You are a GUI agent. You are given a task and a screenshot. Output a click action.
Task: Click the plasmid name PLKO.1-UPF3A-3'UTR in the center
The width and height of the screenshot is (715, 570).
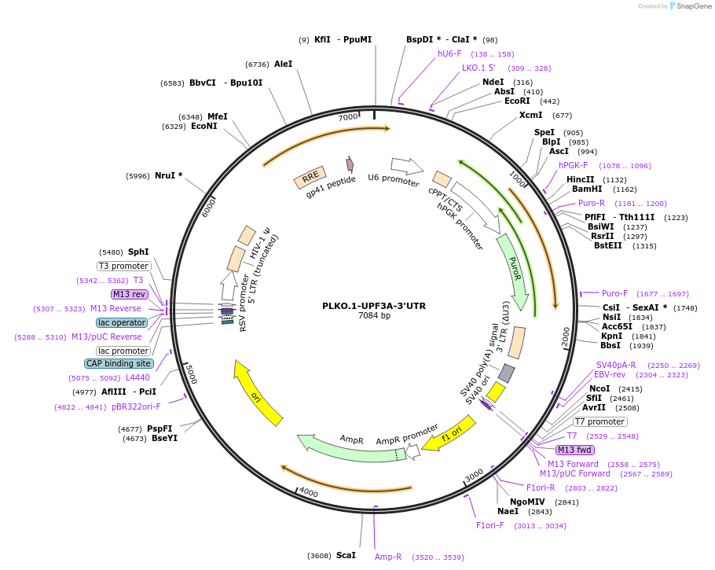pyautogui.click(x=374, y=306)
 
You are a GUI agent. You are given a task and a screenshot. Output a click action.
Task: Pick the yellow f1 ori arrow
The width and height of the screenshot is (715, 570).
pyautogui.click(x=450, y=434)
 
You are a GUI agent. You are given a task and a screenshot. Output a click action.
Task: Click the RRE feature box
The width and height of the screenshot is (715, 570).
pyautogui.click(x=310, y=178)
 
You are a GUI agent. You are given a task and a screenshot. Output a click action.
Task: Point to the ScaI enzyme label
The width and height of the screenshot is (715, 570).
pyautogui.click(x=346, y=555)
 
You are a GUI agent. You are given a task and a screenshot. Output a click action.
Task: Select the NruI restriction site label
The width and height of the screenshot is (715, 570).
pyautogui.click(x=168, y=175)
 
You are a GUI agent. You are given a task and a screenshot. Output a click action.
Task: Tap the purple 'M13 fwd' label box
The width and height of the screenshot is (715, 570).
pyautogui.click(x=575, y=450)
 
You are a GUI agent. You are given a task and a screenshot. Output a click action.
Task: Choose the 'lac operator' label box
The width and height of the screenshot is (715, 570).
pyautogui.click(x=122, y=322)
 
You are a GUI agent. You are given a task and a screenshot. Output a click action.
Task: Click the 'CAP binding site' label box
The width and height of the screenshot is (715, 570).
pyautogui.click(x=119, y=363)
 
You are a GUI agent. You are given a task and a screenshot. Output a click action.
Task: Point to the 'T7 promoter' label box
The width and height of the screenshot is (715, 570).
pyautogui.click(x=599, y=421)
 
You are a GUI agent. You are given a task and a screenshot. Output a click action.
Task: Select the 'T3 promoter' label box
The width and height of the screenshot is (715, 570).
pyautogui.click(x=124, y=266)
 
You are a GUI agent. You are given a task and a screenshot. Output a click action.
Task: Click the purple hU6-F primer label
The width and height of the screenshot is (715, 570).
pyautogui.click(x=449, y=53)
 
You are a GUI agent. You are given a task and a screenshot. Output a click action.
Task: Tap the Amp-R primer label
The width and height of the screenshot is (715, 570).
pyautogui.click(x=388, y=557)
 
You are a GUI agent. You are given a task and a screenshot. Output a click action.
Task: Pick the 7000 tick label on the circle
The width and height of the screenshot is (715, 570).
pyautogui.click(x=348, y=117)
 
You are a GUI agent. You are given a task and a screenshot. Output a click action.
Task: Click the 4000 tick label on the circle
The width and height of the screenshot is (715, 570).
pyautogui.click(x=308, y=492)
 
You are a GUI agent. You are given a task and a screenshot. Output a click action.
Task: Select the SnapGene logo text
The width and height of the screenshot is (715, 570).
pyautogui.click(x=694, y=6)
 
